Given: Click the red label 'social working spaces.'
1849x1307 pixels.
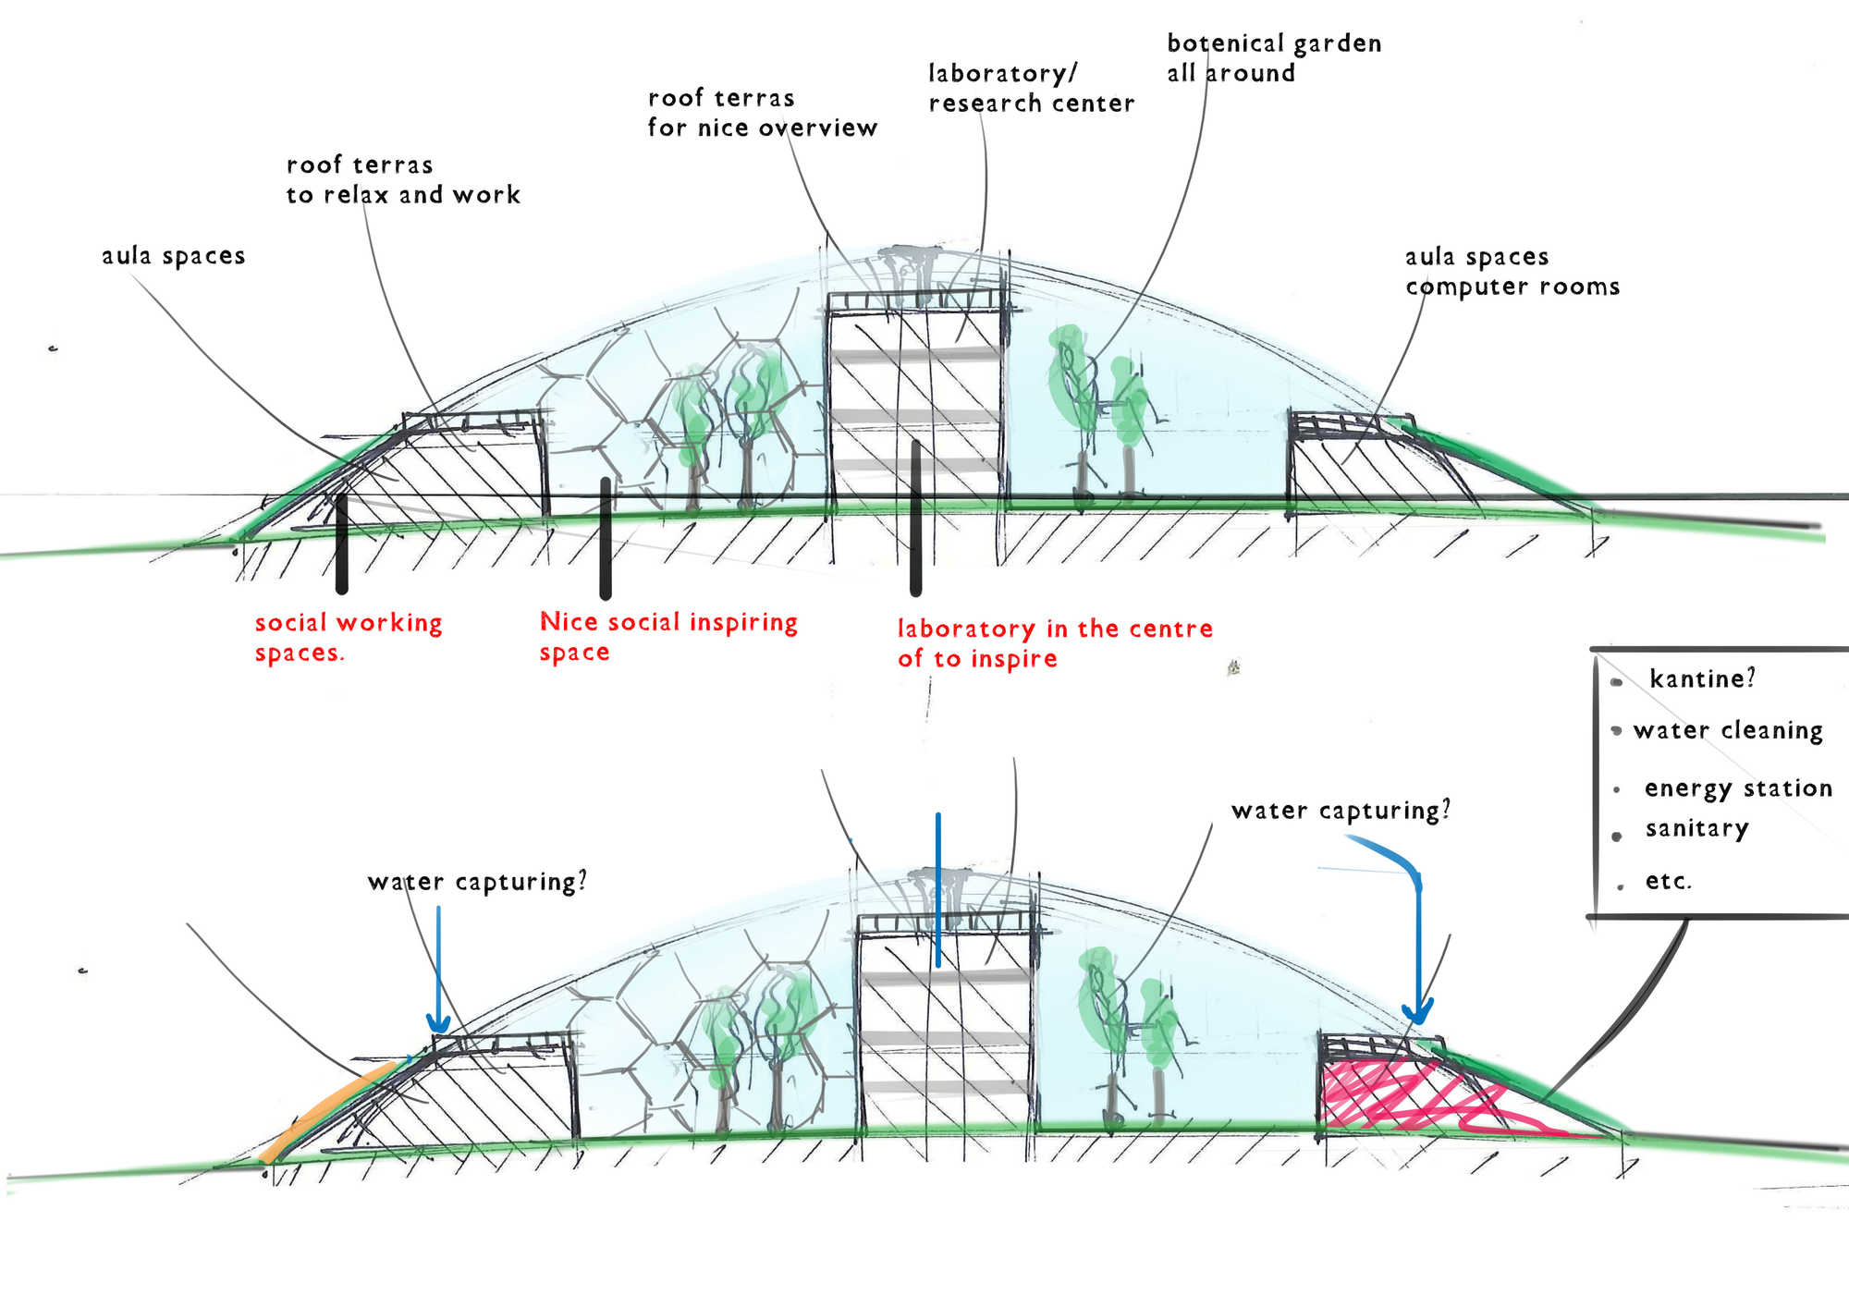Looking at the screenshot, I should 348,637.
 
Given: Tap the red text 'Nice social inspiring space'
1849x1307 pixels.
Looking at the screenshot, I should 667,636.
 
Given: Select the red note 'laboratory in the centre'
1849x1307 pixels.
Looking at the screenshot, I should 1054,642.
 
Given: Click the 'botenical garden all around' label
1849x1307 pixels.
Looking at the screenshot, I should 1273,58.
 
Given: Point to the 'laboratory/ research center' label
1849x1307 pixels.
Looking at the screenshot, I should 1031,88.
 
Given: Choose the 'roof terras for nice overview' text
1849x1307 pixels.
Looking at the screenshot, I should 762,113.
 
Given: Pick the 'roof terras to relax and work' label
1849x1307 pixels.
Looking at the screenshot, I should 402,179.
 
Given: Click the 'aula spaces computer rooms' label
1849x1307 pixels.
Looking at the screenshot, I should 1512,271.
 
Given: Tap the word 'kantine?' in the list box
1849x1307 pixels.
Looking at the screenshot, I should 1701,679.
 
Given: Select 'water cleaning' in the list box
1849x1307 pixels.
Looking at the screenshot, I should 1727,730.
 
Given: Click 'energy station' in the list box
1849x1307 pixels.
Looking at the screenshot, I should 1738,788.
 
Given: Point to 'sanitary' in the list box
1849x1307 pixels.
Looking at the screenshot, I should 1696,828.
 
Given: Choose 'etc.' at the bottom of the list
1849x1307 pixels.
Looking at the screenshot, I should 1668,881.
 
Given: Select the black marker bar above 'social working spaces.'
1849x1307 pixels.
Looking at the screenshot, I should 342,544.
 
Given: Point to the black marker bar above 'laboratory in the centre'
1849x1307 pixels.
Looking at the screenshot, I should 916,518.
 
